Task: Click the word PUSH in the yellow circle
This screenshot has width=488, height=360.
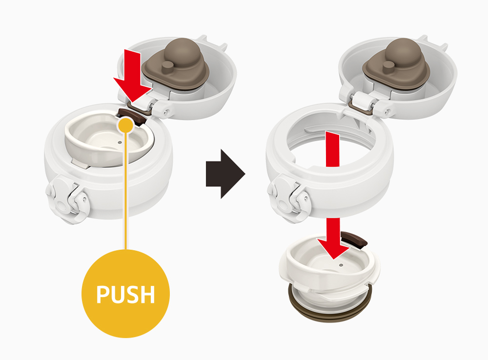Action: pos(125,294)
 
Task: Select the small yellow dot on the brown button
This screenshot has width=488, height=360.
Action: pos(126,125)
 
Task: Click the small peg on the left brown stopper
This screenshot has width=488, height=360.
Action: pos(168,66)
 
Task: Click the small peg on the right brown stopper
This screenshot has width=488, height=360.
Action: pos(389,66)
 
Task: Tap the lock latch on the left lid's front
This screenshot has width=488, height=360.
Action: pos(67,199)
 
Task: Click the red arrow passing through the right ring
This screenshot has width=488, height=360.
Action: pos(332,149)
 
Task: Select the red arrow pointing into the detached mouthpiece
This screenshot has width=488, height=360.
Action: pos(333,238)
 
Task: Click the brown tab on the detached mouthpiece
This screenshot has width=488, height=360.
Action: pos(354,240)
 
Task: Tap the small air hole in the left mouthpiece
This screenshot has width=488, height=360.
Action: pos(120,142)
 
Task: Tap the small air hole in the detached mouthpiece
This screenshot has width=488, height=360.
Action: pos(341,265)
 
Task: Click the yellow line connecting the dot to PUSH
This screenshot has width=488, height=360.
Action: pos(126,191)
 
